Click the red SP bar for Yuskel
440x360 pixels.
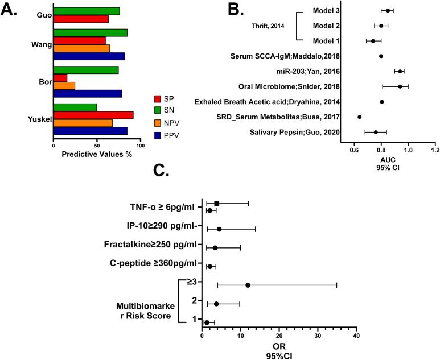coord(93,115)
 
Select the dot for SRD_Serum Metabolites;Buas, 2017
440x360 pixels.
coord(359,117)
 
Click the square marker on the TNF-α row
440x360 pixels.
coord(217,203)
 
